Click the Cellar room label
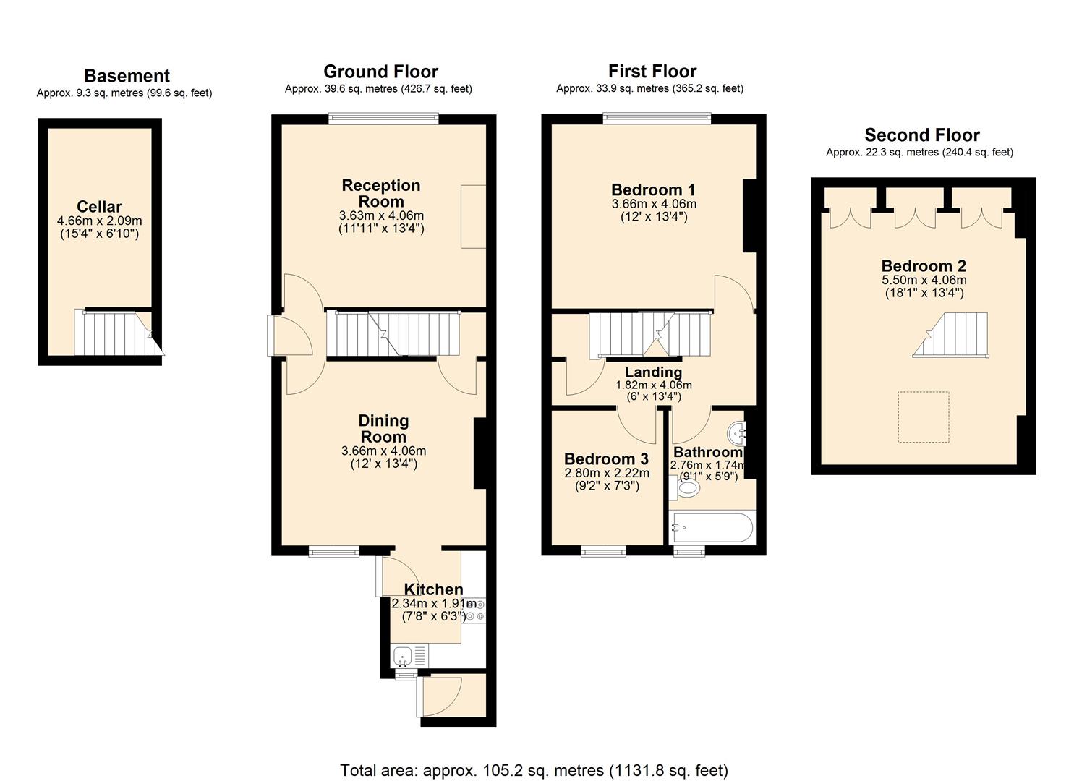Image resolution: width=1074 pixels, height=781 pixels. click(99, 207)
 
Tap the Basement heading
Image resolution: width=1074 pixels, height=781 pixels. click(127, 76)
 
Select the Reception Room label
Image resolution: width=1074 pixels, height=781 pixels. click(380, 193)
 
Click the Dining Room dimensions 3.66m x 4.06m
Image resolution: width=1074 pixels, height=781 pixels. click(383, 451)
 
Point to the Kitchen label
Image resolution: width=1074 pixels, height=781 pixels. click(433, 589)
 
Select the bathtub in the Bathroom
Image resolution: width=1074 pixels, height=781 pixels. click(712, 528)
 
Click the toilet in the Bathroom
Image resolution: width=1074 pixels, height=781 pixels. click(686, 489)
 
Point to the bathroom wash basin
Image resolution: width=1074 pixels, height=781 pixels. click(737, 432)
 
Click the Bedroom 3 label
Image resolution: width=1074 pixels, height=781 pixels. click(606, 459)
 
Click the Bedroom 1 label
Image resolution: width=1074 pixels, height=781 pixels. click(653, 190)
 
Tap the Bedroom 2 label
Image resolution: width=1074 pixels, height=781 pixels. click(924, 266)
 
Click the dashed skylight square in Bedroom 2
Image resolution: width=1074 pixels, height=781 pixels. click(924, 417)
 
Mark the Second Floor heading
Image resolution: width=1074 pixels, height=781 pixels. click(922, 135)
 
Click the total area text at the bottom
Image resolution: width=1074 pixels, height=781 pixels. click(534, 770)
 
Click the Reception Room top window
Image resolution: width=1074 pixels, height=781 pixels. click(383, 119)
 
